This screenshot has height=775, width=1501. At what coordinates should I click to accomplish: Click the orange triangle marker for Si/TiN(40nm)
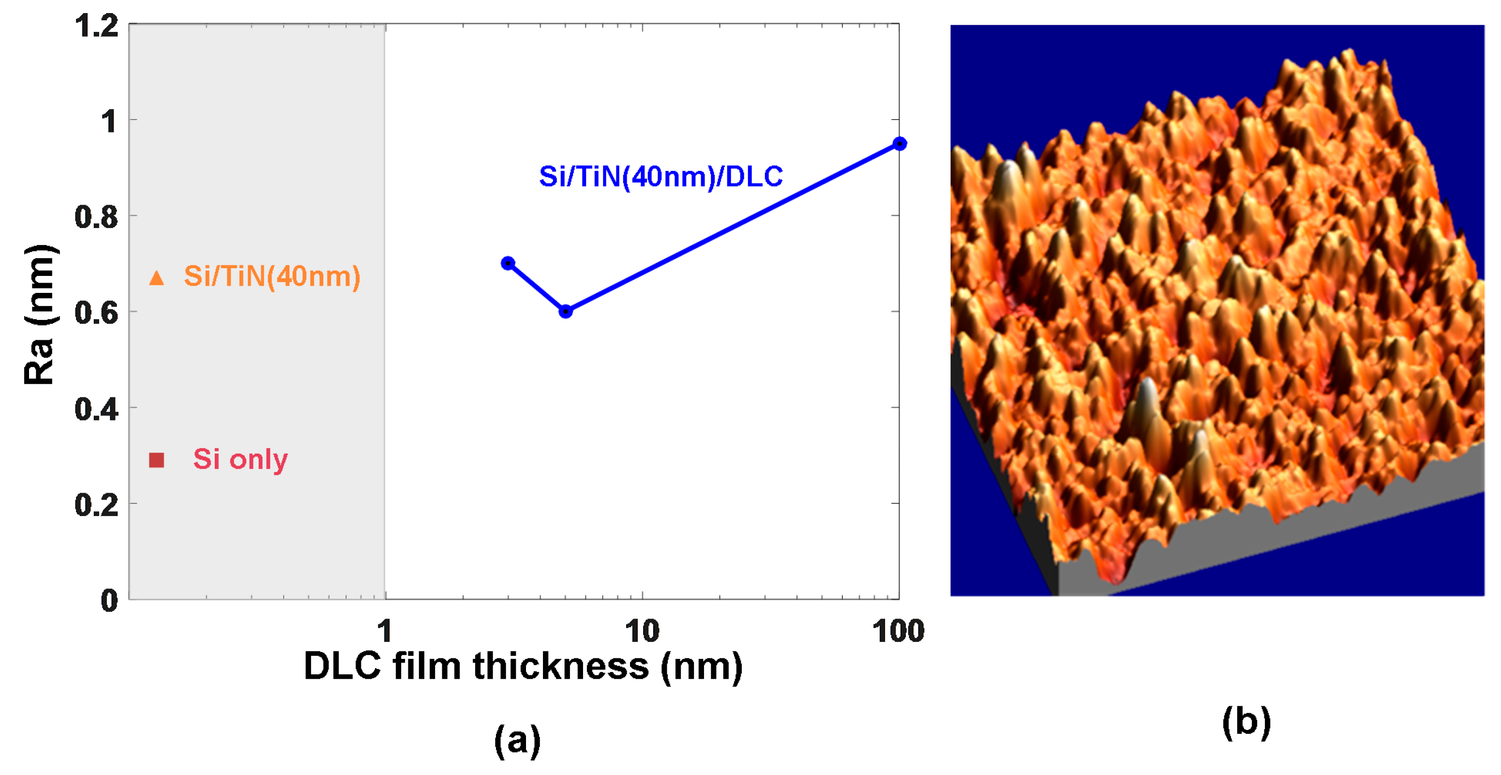pos(156,278)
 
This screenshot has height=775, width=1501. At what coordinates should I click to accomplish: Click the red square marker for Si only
pos(156,460)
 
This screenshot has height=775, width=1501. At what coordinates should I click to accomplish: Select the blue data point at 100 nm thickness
pos(899,143)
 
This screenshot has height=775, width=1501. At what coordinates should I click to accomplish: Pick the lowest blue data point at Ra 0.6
pos(565,311)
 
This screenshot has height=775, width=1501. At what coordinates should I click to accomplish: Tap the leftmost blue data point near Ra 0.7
pos(508,263)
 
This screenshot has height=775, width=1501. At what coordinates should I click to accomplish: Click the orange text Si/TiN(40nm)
pos(271,276)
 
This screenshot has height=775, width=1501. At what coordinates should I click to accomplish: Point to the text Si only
pos(240,459)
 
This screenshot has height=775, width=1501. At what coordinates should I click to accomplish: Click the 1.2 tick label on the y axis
pos(96,26)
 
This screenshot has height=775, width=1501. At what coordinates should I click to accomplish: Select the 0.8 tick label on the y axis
pos(96,217)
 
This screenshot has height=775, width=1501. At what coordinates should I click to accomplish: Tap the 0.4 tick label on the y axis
pos(96,409)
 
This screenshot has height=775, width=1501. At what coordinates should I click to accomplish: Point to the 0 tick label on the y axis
pos(109,600)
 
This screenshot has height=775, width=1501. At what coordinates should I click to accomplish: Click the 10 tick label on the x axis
pos(642,631)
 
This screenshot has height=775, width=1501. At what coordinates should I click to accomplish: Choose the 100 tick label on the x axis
pos(898,631)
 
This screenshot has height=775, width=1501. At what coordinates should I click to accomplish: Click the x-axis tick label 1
pos(384,631)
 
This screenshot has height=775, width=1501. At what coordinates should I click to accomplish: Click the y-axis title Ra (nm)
pos(40,315)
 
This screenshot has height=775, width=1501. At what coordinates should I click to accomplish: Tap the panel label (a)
pos(517,740)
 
